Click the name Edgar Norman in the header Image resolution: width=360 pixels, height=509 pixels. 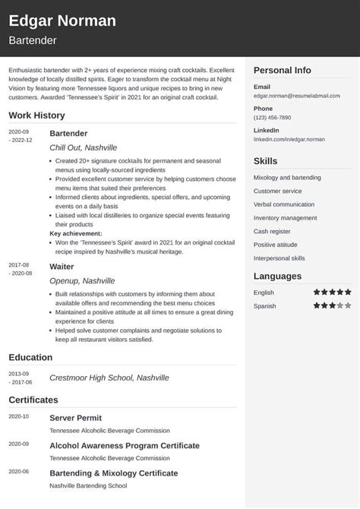pyautogui.click(x=62, y=21)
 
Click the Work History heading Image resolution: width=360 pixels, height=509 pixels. pyautogui.click(x=36, y=115)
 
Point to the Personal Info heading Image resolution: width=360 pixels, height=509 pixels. pyautogui.click(x=282, y=70)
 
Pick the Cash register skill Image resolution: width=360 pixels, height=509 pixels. pyautogui.click(x=272, y=231)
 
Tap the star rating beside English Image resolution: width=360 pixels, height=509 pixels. pyautogui.click(x=333, y=292)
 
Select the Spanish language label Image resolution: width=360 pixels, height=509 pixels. pyautogui.click(x=266, y=305)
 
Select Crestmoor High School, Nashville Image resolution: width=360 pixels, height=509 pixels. pyautogui.click(x=109, y=378)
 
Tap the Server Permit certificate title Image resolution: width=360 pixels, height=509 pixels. pyautogui.click(x=75, y=418)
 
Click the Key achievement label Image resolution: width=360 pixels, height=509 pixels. pyautogui.click(x=74, y=234)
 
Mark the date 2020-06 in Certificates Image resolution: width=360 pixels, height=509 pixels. pyautogui.click(x=19, y=471)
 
